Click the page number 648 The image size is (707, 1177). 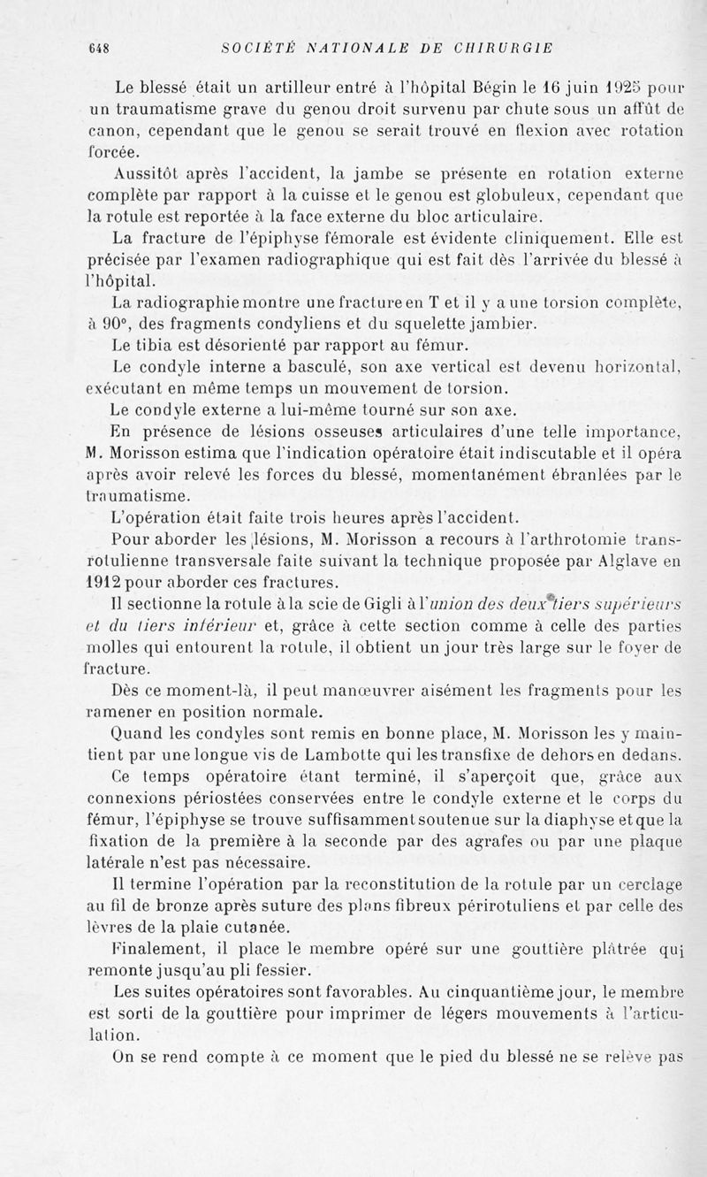[x=97, y=50]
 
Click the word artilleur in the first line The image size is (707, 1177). [x=284, y=88]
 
